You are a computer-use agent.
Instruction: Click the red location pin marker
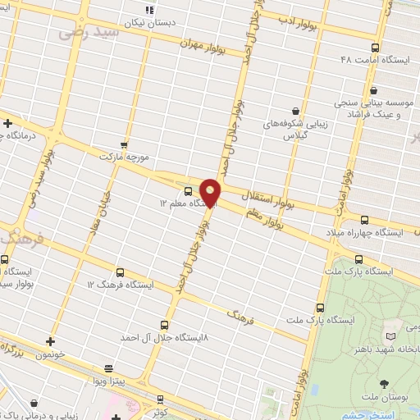pos(211,192)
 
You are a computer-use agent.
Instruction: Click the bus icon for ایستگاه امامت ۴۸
pos(375,48)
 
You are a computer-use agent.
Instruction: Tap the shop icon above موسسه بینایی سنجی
pos(374,90)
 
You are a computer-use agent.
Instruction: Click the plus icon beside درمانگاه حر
pos(7,124)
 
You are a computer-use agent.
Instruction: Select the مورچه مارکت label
pos(122,154)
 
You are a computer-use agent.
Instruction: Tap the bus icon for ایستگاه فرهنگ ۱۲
pos(120,272)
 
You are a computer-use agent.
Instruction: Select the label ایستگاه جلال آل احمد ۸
pos(164,337)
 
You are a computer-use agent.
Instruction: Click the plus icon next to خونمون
pos(50,340)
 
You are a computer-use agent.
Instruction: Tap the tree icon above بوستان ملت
pos(384,382)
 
